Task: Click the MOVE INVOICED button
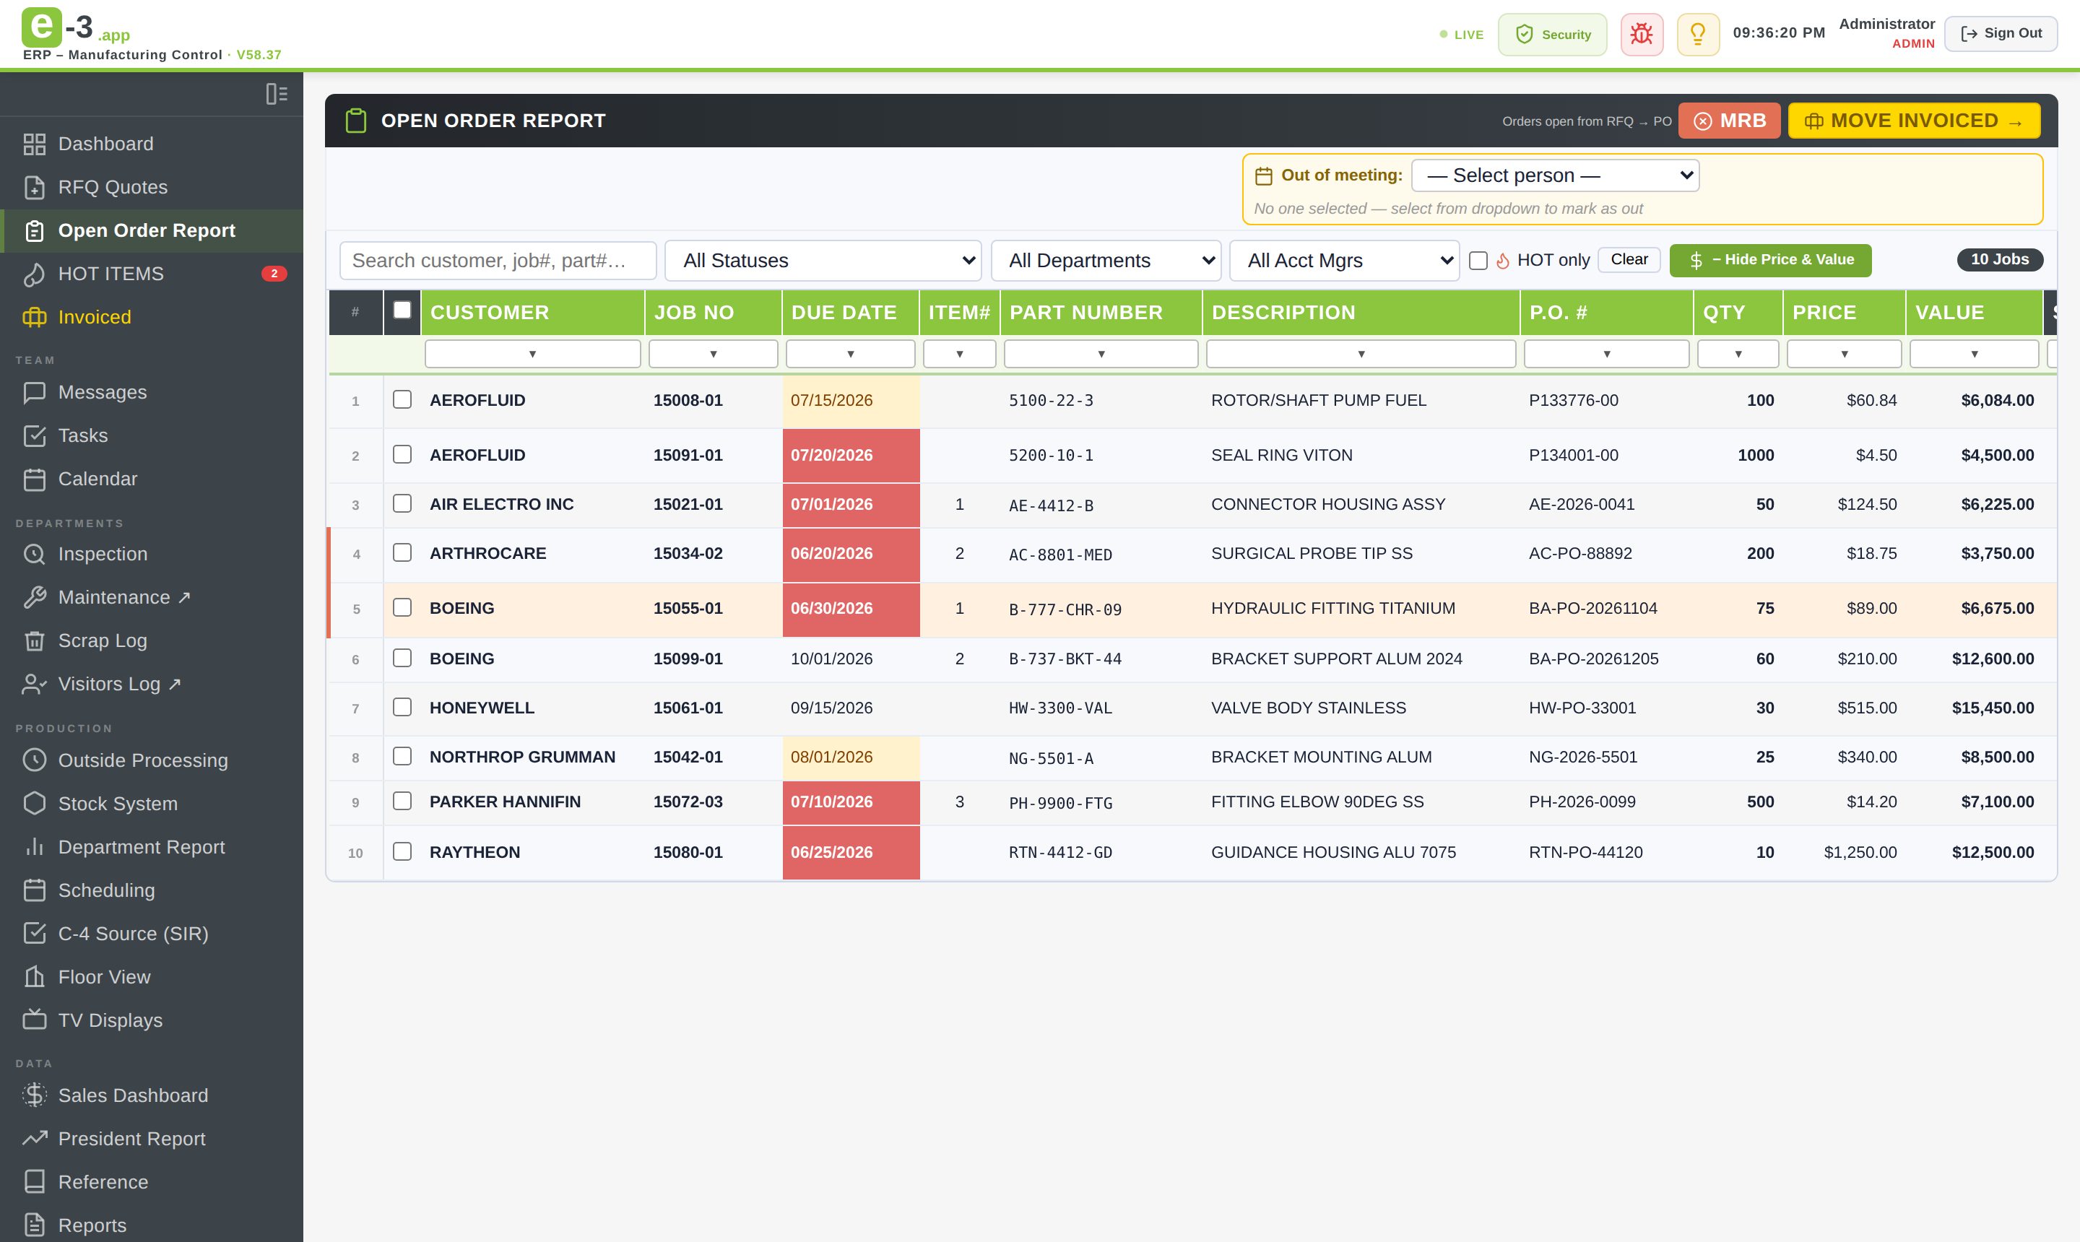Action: point(1913,121)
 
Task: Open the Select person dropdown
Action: point(1554,175)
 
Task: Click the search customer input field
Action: point(498,260)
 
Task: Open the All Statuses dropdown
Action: point(823,260)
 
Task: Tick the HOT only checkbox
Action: point(1478,260)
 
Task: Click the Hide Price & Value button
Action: point(1770,260)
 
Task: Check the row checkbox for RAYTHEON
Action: point(402,851)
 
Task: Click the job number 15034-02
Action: point(688,553)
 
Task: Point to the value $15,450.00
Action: point(1993,708)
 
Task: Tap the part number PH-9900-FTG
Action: point(1060,803)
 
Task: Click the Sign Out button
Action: point(2001,33)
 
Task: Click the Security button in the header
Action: point(1552,35)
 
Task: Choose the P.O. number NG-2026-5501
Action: point(1583,757)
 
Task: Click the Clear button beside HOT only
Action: point(1629,259)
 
